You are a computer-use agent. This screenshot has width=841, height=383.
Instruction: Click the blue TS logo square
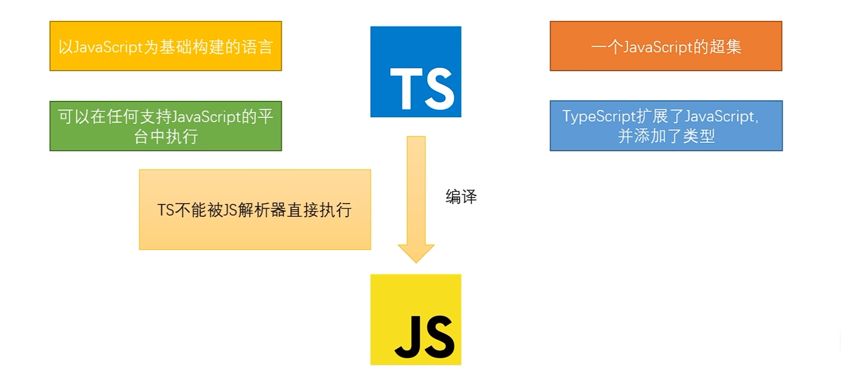(x=415, y=72)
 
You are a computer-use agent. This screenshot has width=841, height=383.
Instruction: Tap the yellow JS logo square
(x=415, y=319)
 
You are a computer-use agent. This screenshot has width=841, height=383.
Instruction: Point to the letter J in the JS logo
(x=408, y=337)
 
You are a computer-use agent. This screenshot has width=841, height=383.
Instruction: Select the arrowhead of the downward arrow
(x=416, y=254)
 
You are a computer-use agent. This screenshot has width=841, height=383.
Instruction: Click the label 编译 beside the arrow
(x=461, y=197)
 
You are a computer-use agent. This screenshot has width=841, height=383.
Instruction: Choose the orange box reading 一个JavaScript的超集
(x=666, y=46)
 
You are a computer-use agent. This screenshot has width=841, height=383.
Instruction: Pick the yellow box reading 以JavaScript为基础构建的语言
(x=166, y=46)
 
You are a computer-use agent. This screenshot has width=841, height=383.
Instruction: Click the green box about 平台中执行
(x=166, y=126)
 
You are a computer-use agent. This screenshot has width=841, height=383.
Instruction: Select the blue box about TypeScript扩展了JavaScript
(x=666, y=126)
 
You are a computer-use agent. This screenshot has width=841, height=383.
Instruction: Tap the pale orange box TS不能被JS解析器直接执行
(x=255, y=210)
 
